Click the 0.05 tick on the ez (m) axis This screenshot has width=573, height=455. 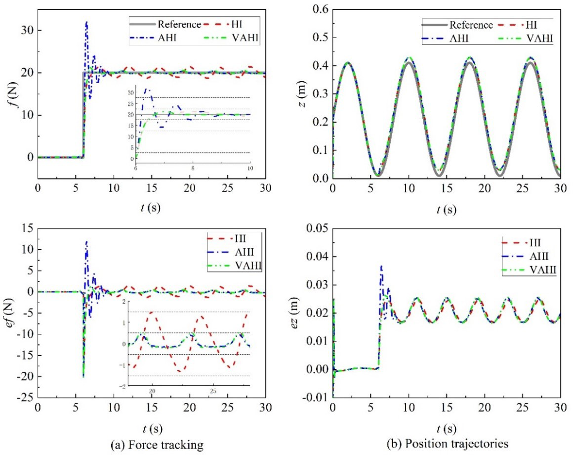pyautogui.click(x=318, y=228)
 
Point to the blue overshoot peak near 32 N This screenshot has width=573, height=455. pyautogui.click(x=87, y=22)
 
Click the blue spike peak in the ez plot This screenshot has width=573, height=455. pyautogui.click(x=381, y=266)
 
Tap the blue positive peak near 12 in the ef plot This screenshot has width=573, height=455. pyautogui.click(x=87, y=242)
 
